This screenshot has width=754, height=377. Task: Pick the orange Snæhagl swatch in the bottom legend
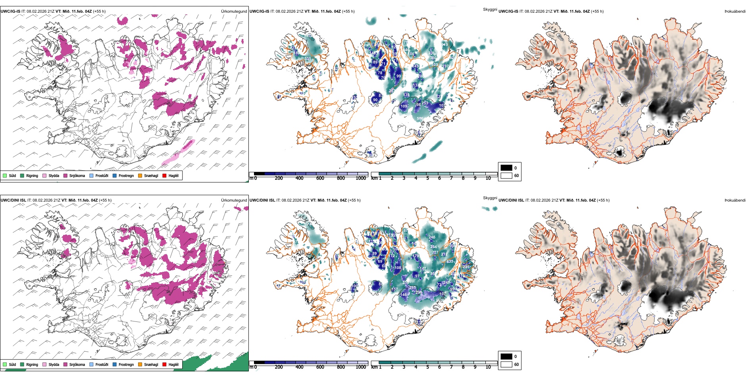[140, 364]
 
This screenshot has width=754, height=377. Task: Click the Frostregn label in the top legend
[126, 175]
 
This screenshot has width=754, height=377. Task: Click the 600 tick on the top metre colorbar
[320, 178]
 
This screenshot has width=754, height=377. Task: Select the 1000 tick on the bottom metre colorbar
[361, 367]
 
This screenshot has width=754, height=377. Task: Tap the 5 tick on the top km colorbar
[427, 178]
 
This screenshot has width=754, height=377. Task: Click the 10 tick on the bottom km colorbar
[488, 367]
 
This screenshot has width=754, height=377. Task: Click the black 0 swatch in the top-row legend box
[506, 168]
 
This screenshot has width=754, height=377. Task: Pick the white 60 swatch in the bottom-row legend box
[506, 364]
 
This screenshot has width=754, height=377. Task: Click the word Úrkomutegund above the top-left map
[234, 12]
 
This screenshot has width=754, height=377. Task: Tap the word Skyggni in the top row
[490, 9]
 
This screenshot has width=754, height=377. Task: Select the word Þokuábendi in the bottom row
[735, 200]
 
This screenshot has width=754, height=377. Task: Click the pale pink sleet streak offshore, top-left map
[179, 153]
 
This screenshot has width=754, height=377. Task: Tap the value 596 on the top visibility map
[420, 118]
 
